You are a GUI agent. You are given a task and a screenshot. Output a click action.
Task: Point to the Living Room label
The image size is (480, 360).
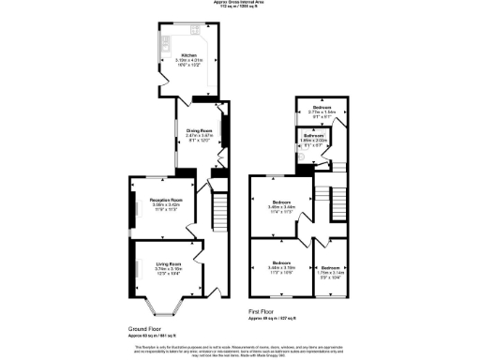168,265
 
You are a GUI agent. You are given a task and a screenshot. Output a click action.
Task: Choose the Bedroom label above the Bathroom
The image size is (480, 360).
322,108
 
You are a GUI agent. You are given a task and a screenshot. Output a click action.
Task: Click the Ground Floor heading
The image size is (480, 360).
146,328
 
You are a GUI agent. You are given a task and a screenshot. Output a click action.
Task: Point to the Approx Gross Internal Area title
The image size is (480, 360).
240,3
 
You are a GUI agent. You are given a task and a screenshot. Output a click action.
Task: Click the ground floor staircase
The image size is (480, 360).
219,204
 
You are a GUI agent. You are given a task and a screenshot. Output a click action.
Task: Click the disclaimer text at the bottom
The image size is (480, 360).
240,348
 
